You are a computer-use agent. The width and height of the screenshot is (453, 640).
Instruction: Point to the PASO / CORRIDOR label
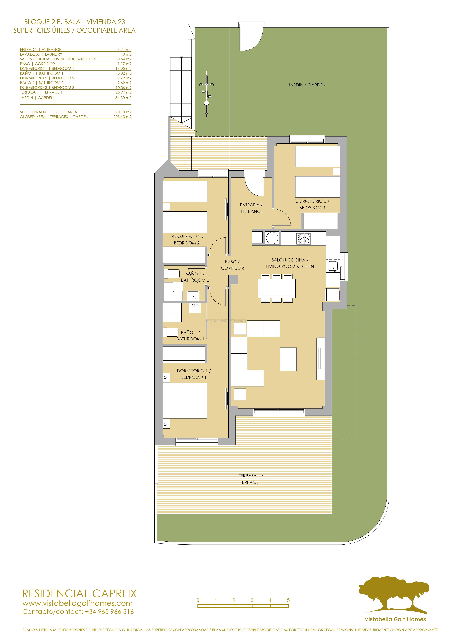point(232,265)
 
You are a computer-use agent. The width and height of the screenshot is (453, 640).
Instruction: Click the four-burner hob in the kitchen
point(303,238)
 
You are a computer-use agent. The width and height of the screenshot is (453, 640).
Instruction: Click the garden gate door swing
point(251,39)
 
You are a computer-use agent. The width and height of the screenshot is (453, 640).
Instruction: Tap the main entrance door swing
point(254,185)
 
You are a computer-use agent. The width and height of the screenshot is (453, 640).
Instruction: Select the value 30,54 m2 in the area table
point(123,59)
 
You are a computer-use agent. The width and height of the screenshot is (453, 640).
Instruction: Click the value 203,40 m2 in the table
point(122,117)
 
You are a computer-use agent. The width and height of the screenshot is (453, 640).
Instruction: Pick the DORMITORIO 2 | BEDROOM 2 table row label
point(47,78)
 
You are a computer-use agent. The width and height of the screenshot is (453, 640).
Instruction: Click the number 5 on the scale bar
point(288,600)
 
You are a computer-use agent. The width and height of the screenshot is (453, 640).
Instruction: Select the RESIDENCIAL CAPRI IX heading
point(79,594)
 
